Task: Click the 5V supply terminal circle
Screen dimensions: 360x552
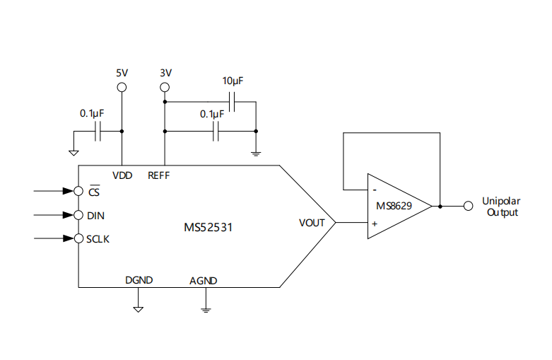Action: (x=122, y=87)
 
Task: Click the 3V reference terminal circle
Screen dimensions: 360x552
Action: (x=165, y=87)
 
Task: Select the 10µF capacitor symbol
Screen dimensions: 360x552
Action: (x=233, y=103)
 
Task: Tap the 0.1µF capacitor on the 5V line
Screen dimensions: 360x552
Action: (x=100, y=131)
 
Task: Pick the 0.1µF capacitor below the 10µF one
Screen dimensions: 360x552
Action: (x=217, y=131)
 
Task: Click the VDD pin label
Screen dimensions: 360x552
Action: (x=122, y=174)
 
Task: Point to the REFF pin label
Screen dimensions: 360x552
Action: (x=158, y=174)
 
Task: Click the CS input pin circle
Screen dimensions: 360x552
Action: (x=78, y=191)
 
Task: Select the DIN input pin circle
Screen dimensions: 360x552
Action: (x=78, y=214)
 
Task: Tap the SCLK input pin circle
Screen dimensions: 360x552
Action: (x=78, y=238)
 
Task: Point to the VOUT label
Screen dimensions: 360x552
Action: (x=312, y=222)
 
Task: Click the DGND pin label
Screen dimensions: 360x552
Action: (x=139, y=280)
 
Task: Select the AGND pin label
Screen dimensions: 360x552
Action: (x=204, y=280)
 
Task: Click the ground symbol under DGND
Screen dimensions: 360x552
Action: (x=139, y=308)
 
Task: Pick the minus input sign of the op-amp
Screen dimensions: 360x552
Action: (x=374, y=190)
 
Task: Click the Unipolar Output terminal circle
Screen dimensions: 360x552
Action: (x=467, y=206)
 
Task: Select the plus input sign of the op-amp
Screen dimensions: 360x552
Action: (x=374, y=223)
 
